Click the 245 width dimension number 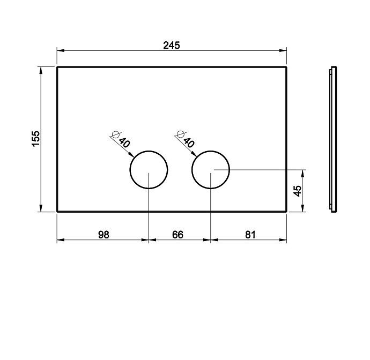tap(172, 45)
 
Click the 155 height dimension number tap(36, 138)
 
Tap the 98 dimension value tap(103, 235)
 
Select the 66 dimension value tap(177, 235)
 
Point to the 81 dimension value tap(250, 235)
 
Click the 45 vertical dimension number tap(298, 191)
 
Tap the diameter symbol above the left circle tap(116, 134)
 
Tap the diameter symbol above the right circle tap(181, 134)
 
